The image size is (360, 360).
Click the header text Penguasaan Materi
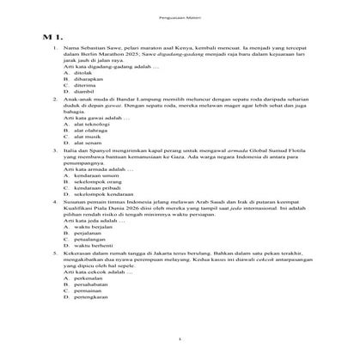pyautogui.click(x=179, y=15)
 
